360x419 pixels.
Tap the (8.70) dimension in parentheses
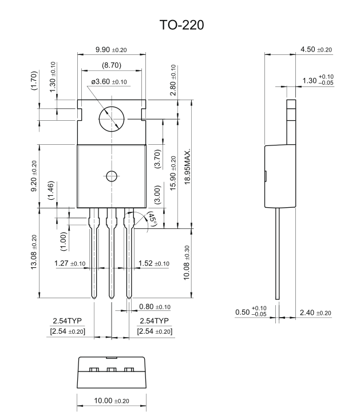(112, 65)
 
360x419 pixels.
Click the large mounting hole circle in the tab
(112, 120)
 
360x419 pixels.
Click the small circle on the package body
(112, 176)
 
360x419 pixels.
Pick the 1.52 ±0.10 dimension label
(154, 263)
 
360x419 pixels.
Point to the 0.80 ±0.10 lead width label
(155, 307)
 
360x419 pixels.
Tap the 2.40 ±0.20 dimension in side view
(316, 313)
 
